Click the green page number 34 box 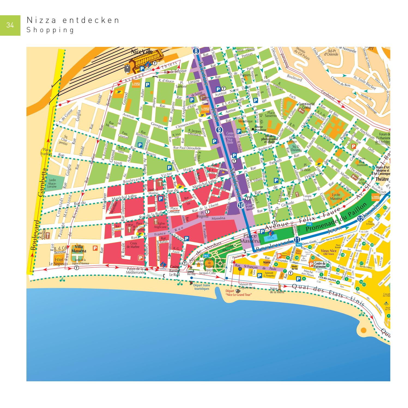(10, 25)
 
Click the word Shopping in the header (50, 30)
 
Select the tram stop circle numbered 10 (241, 205)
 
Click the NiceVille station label (142, 52)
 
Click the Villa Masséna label (79, 249)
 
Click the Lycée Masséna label (336, 197)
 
